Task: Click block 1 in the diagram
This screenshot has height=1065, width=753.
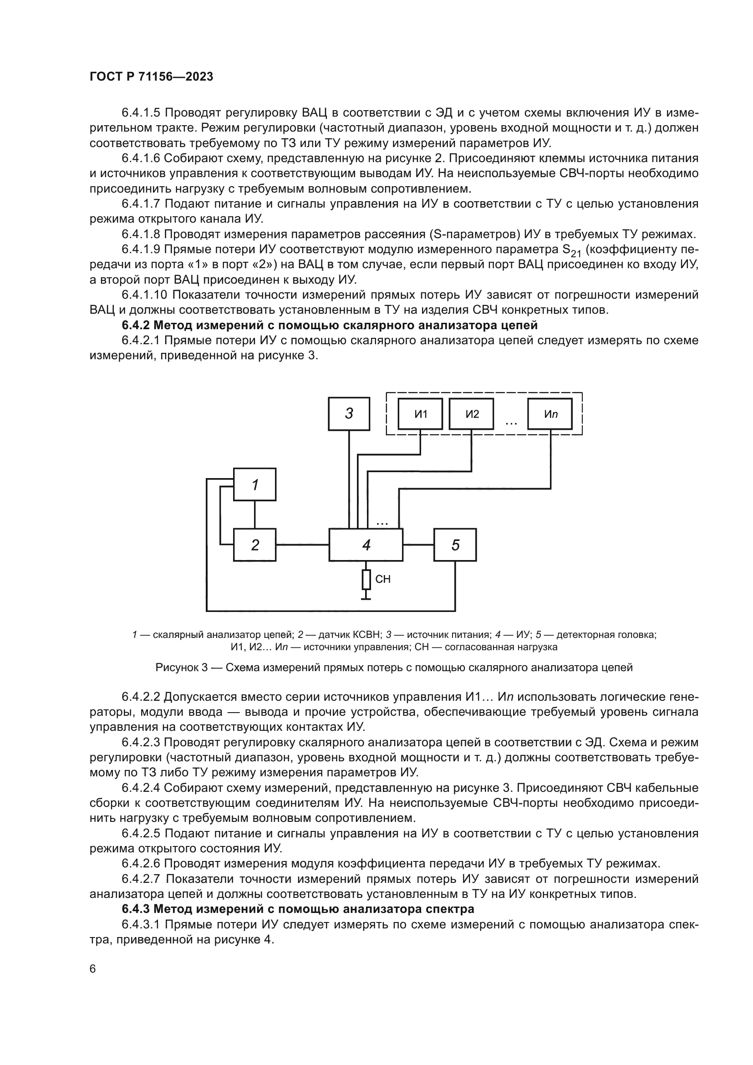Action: pyautogui.click(x=254, y=484)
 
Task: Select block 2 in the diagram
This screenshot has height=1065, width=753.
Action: pyautogui.click(x=254, y=545)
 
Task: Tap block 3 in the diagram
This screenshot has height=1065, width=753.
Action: pyautogui.click(x=349, y=413)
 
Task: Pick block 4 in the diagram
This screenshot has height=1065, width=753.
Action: pyautogui.click(x=366, y=545)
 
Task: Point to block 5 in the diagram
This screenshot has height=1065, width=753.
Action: pyautogui.click(x=455, y=545)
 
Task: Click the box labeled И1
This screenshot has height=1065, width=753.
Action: pyautogui.click(x=421, y=414)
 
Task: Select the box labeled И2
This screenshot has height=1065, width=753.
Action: pyautogui.click(x=471, y=414)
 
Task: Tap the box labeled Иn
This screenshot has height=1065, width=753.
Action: pyautogui.click(x=550, y=414)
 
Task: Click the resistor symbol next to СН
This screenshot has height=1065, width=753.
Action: pyautogui.click(x=366, y=579)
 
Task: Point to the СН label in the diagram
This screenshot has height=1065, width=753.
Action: pyautogui.click(x=383, y=579)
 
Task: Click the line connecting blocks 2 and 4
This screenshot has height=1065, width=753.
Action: pyautogui.click(x=302, y=545)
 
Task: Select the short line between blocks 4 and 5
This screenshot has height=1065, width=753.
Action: pyautogui.click(x=418, y=545)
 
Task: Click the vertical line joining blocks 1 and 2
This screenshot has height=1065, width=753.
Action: pyautogui.click(x=254, y=515)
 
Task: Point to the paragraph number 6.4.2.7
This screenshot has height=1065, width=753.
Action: pyautogui.click(x=141, y=878)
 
